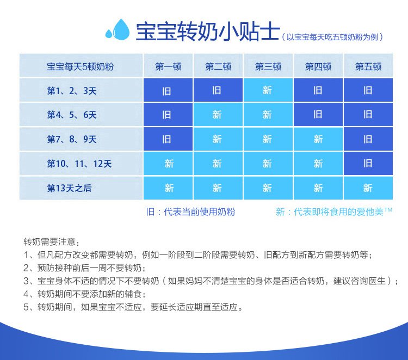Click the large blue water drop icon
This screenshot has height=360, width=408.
pos(121,30)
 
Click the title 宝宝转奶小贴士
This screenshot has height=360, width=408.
pos(208,32)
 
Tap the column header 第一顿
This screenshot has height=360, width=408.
pos(168,66)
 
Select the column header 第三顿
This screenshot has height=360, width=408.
pos(268,66)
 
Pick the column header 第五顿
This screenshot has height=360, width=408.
pos(368,66)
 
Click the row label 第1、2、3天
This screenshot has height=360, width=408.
pos(72,91)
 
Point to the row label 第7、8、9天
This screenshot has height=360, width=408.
pos(72,139)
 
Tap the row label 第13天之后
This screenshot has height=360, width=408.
pos(69,188)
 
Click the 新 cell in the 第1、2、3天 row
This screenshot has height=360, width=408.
pos(268,90)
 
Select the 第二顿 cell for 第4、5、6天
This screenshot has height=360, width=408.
pos(218,114)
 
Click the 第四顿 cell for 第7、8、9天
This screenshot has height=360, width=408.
pos(318,139)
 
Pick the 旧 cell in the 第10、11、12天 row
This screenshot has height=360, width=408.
pos(368,163)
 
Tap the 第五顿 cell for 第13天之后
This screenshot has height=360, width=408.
pos(368,188)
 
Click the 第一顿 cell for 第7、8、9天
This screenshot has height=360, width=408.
pos(168,139)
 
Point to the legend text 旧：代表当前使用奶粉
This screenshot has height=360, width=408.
pos(190,212)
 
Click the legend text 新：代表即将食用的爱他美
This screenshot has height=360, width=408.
pos(333,212)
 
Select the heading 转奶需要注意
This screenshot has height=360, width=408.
pos(51,242)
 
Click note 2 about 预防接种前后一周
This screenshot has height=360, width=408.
pos(84,268)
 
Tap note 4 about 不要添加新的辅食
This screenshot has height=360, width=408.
pos(84,294)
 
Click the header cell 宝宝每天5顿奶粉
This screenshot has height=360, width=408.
pos(80,66)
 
